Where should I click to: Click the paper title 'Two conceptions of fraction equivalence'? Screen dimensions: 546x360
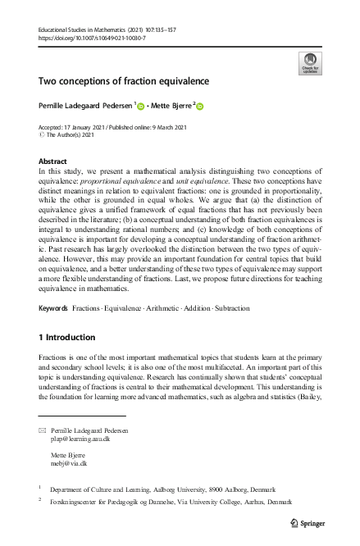pyautogui.click(x=123, y=81)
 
